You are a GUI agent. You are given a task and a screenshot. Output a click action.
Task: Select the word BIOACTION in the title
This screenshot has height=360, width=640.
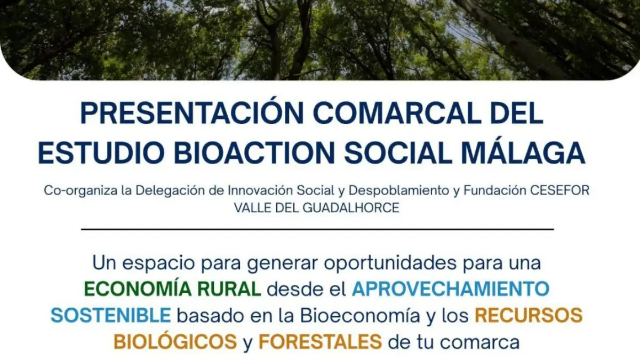pos(254,153)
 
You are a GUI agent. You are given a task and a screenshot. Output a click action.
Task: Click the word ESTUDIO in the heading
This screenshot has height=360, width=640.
pos(101,153)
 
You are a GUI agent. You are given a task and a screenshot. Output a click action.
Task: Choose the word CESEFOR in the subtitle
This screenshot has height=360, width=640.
pos(559,190)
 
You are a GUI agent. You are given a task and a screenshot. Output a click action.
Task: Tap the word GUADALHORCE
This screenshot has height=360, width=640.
pos(351,207)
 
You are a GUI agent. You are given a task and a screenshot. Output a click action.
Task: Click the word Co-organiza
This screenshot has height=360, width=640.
pos(81,191)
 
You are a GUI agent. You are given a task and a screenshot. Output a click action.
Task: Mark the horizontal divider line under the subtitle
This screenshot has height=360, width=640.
pos(317,229)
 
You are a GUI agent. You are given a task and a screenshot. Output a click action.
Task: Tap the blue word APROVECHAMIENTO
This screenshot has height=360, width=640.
pos(451,289)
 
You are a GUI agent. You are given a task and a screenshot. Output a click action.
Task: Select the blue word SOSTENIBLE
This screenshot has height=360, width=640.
pos(111,315)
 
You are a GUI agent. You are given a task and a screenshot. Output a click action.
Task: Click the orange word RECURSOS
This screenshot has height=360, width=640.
pos(529,315)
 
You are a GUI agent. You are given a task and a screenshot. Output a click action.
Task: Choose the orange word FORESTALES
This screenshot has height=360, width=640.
pos(321,342)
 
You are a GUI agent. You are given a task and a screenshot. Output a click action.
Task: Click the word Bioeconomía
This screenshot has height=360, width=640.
pos(360,315)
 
